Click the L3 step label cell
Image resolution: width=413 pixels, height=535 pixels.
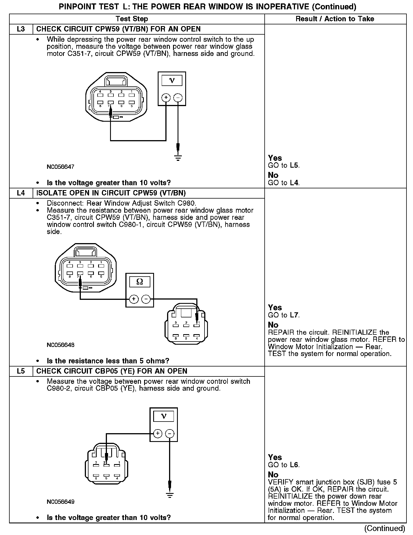click(x=21, y=29)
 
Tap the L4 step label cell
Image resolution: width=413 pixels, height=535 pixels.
click(x=21, y=193)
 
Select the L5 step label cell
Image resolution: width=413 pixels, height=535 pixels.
click(x=21, y=371)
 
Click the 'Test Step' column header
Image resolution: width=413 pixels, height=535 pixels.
click(x=132, y=19)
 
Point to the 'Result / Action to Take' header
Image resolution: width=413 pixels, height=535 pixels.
click(x=335, y=19)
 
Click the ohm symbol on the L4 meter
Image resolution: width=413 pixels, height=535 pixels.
click(x=140, y=282)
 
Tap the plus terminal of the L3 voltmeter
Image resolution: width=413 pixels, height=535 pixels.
click(x=166, y=98)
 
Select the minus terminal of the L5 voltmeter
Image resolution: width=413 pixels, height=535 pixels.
click(x=170, y=433)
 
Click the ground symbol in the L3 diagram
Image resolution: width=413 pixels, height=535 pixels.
click(x=178, y=158)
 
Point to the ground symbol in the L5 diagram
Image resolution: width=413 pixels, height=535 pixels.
click(x=170, y=496)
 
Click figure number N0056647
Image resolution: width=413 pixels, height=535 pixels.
click(x=60, y=167)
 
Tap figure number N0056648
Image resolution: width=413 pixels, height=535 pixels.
click(x=60, y=345)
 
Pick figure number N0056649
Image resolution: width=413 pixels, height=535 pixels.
click(x=60, y=502)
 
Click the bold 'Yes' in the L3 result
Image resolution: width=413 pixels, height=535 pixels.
click(x=275, y=158)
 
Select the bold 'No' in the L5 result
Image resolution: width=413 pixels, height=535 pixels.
click(x=273, y=475)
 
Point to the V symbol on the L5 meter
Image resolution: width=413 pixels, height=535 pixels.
click(x=164, y=416)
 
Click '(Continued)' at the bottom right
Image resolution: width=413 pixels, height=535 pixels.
click(x=385, y=528)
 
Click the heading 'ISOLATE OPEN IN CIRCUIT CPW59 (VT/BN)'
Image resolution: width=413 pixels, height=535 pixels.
click(x=111, y=193)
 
